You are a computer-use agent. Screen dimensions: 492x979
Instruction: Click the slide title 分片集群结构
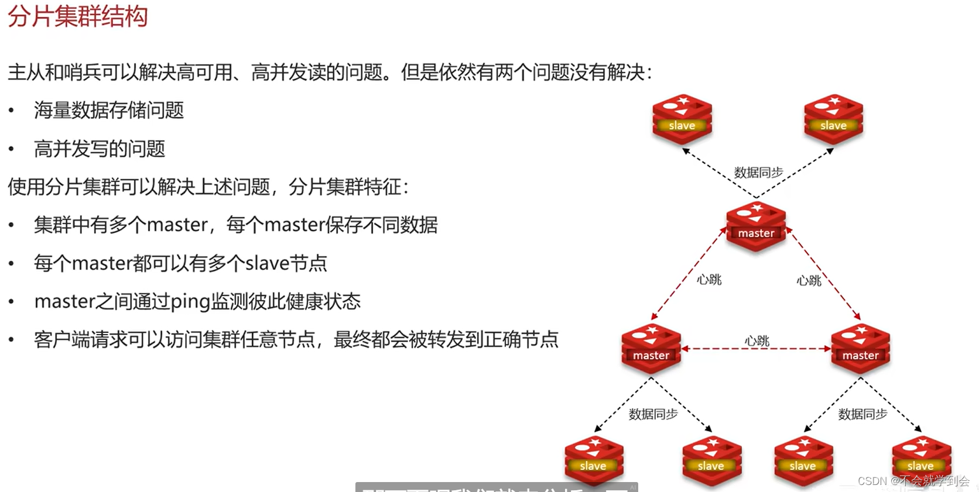click(x=77, y=16)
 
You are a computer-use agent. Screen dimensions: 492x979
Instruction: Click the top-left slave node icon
click(x=682, y=119)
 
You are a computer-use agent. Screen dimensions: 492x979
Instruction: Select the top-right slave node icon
click(x=833, y=119)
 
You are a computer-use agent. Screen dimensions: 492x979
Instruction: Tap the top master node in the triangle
click(x=756, y=227)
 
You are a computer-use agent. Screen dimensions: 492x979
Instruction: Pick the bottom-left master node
click(x=651, y=349)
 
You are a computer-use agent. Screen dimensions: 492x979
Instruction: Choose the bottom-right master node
click(x=860, y=349)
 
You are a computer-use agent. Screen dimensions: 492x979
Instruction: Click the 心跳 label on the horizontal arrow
click(x=756, y=340)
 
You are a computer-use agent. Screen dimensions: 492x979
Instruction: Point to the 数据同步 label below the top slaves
click(x=758, y=173)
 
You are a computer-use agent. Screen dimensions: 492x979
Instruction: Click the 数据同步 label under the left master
click(x=653, y=414)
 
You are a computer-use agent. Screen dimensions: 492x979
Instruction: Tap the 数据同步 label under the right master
click(x=862, y=414)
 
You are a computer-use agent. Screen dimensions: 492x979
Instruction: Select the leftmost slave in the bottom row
click(x=594, y=460)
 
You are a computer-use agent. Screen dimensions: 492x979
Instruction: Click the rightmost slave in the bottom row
click(x=921, y=460)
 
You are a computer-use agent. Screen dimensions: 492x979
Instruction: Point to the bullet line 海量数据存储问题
click(x=109, y=111)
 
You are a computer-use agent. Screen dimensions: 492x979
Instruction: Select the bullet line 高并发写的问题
click(x=100, y=149)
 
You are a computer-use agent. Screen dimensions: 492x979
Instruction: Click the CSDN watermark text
click(x=913, y=481)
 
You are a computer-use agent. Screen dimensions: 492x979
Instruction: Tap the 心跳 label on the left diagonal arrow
click(x=709, y=280)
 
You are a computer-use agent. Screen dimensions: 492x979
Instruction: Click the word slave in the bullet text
click(x=267, y=263)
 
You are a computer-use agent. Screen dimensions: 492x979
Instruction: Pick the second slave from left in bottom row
click(x=711, y=460)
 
